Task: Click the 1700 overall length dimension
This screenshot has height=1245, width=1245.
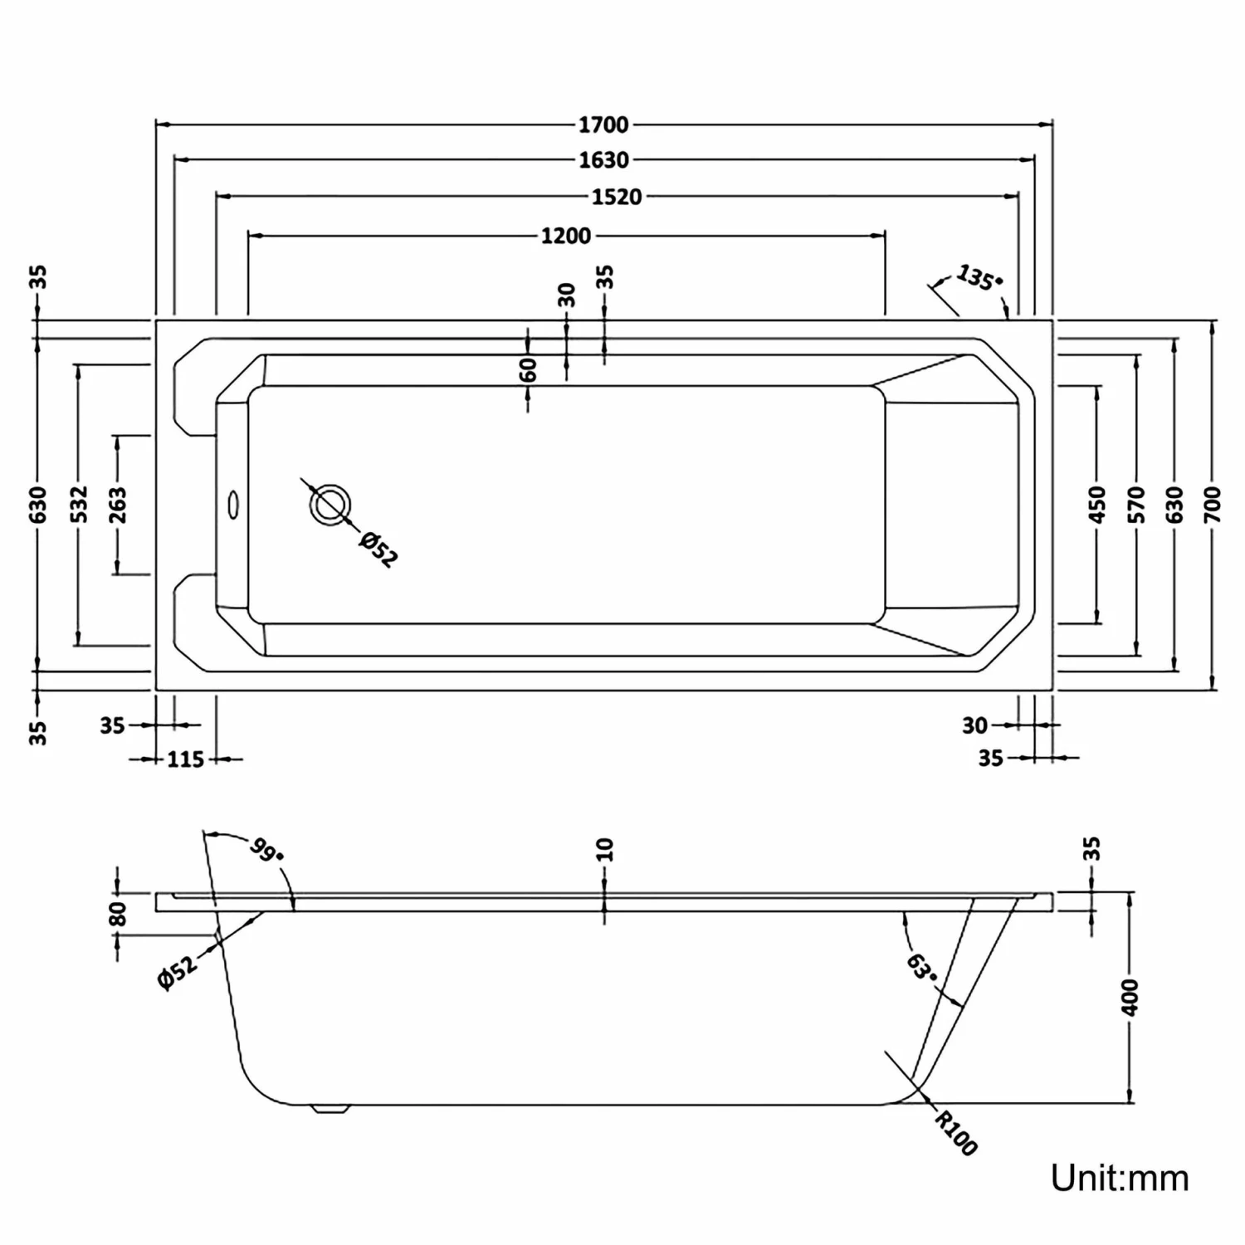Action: (603, 125)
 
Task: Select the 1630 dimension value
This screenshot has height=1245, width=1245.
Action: (603, 160)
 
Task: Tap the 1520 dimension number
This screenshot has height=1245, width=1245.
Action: (617, 197)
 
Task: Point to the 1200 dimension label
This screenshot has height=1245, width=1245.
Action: (566, 236)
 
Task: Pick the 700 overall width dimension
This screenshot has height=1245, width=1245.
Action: (1212, 505)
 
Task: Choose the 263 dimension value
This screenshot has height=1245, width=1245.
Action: (117, 505)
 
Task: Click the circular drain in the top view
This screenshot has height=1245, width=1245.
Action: (330, 504)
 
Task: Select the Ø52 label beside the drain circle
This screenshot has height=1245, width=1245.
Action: (378, 550)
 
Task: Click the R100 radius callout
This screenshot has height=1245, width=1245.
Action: (956, 1133)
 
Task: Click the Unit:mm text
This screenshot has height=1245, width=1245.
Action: (1120, 1178)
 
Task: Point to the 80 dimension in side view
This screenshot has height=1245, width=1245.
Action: (118, 913)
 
